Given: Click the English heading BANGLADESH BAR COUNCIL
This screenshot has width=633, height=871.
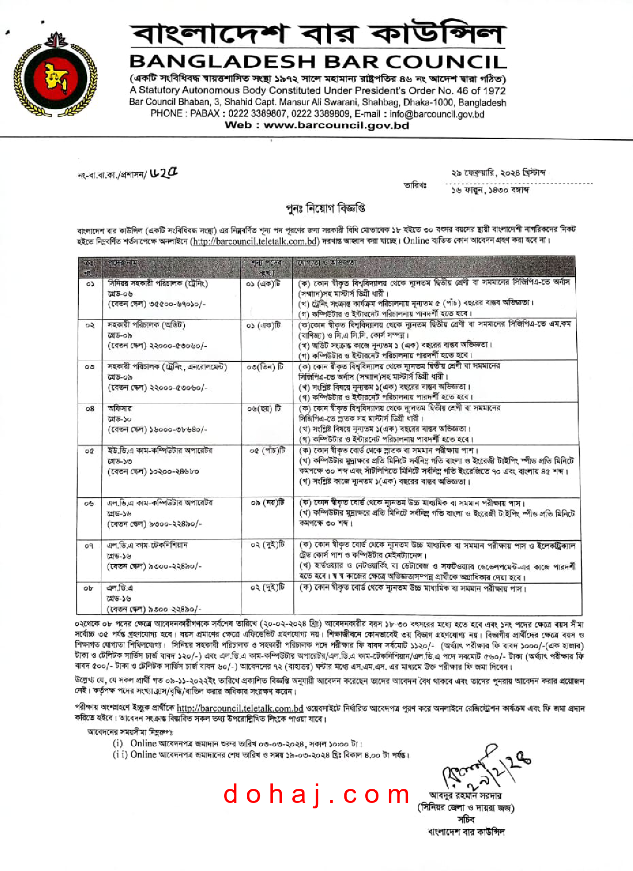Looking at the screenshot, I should (318, 62).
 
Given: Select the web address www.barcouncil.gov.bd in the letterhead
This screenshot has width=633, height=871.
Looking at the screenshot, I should (336, 126).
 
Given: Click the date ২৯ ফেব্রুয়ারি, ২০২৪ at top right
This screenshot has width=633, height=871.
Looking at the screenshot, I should (498, 173).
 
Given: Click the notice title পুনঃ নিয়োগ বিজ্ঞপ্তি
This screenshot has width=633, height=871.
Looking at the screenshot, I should (325, 209).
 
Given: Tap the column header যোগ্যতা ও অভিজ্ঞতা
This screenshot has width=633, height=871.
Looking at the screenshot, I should (327, 263).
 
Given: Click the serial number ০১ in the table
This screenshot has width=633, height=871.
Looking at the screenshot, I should (90, 284).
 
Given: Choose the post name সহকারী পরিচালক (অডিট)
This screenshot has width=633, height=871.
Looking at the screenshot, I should (146, 325).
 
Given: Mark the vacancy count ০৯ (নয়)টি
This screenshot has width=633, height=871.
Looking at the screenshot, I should (268, 503).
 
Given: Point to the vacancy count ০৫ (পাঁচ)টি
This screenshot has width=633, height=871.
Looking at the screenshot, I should (268, 450).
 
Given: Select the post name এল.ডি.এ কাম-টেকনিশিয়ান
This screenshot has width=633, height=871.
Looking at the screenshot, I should (147, 545).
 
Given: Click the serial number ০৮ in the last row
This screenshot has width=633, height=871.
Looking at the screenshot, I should (88, 588).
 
